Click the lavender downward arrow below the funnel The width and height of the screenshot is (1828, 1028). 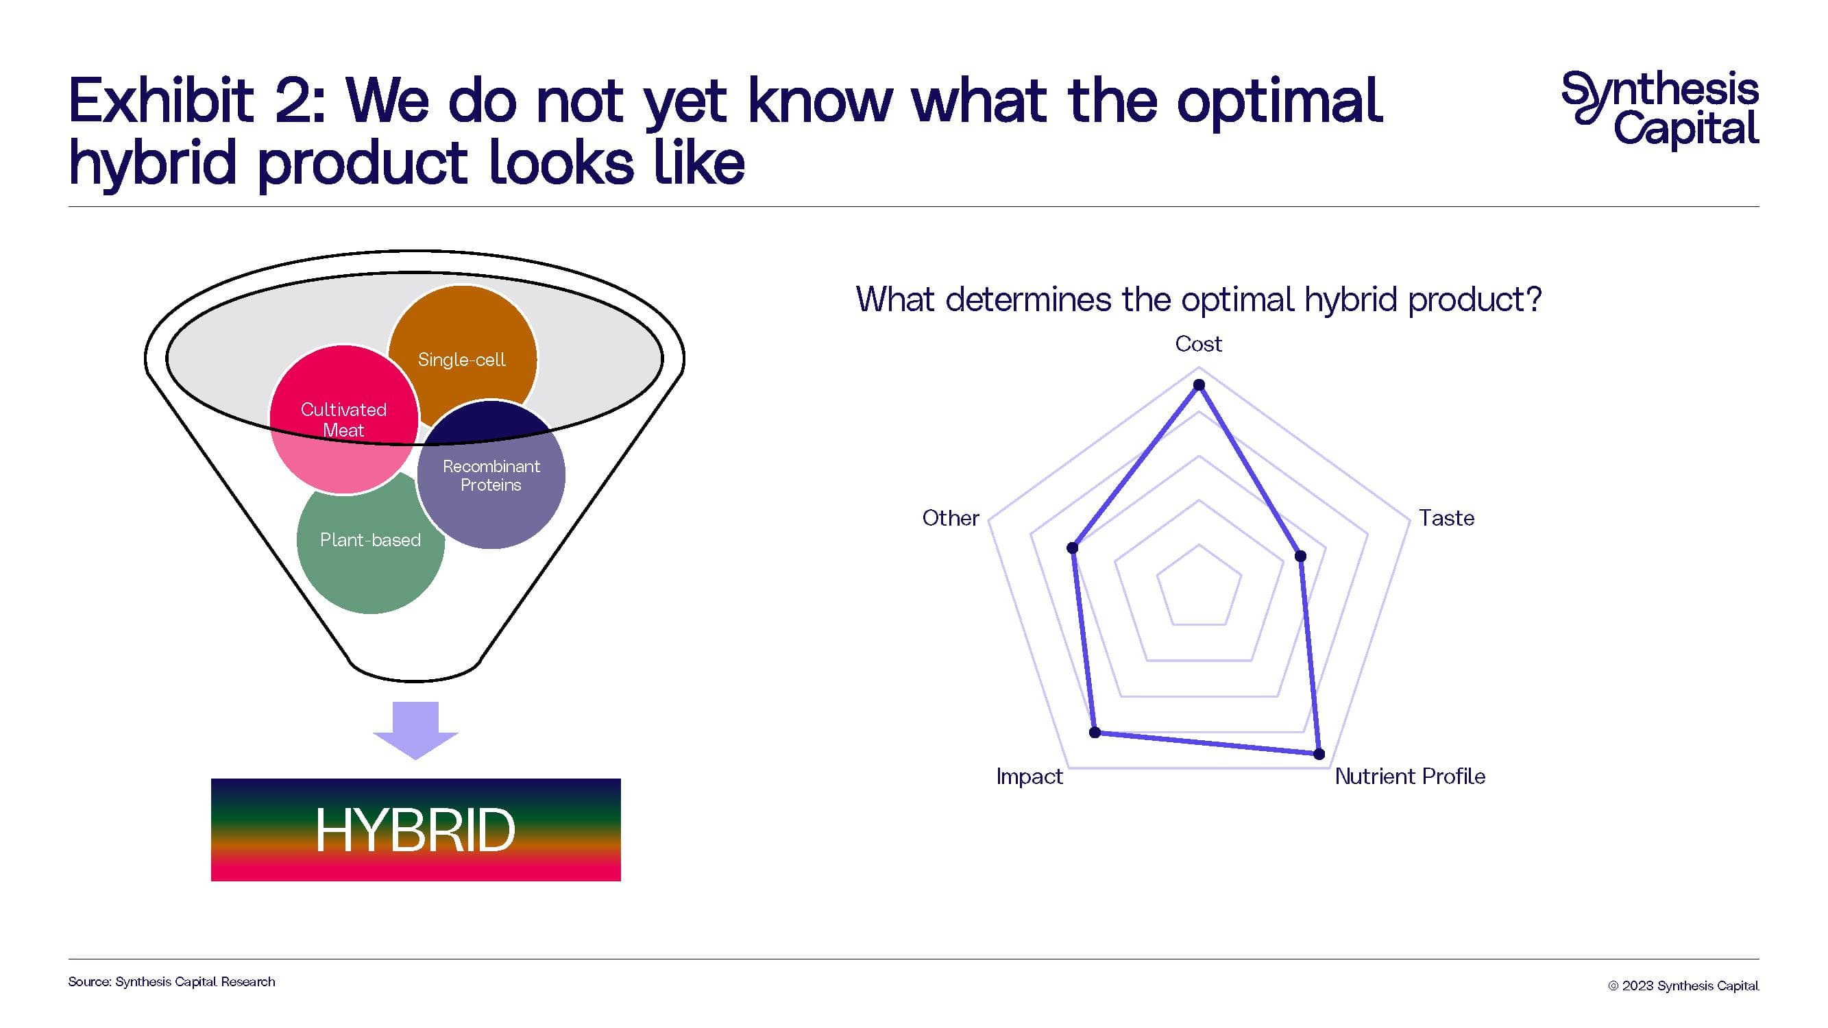pos(416,730)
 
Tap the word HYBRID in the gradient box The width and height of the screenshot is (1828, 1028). pos(415,830)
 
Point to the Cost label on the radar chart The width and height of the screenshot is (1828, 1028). pos(1199,344)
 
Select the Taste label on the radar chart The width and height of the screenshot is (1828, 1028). pos(1446,518)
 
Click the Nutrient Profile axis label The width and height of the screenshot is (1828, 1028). pos(1410,776)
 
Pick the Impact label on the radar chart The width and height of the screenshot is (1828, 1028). pos(1029,777)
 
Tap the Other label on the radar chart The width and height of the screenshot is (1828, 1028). pos(950,518)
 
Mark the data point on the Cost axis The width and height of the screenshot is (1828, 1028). pos(1199,385)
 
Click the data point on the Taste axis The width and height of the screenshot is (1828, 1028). pos(1301,556)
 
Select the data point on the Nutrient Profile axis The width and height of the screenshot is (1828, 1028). pos(1319,754)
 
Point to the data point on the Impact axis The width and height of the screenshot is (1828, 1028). pos(1095,732)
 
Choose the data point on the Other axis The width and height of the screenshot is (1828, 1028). pos(1073,548)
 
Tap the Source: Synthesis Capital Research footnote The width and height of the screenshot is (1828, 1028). pos(172,982)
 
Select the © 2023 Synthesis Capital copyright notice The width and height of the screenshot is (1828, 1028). pos(1683,986)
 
